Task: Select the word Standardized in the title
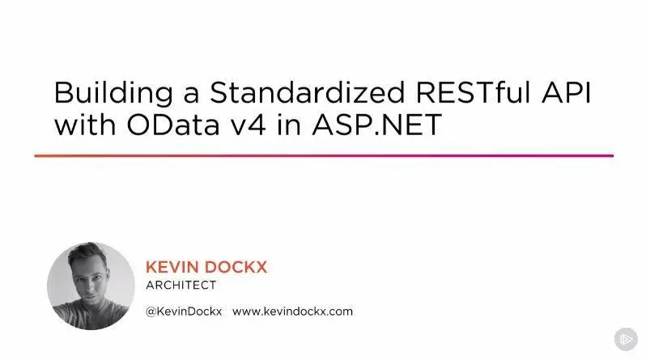[x=308, y=92]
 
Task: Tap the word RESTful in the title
[x=474, y=92]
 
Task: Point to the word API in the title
[x=567, y=92]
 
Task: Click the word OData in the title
[x=173, y=125]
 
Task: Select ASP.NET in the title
[x=377, y=125]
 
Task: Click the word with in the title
[x=85, y=125]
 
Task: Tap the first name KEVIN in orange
[x=172, y=267]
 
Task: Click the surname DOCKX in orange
[x=236, y=267]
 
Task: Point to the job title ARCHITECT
[x=181, y=285]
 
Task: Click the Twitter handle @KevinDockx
[x=184, y=311]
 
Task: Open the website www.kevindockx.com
[x=292, y=311]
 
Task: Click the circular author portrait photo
[x=91, y=286]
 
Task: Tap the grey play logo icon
[x=626, y=339]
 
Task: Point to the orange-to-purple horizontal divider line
[x=324, y=155]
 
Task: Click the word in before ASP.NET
[x=289, y=125]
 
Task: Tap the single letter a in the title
[x=191, y=95]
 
